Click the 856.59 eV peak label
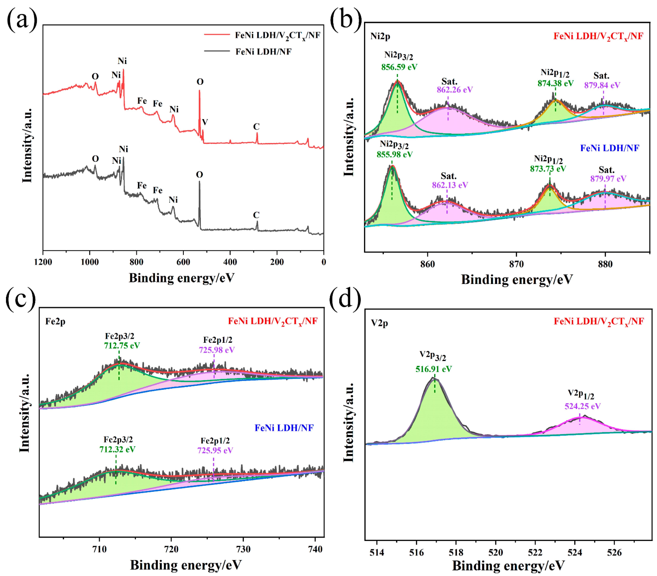tap(399, 67)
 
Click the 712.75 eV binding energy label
tap(122, 346)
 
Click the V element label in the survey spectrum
tap(205, 122)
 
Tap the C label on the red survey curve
tap(256, 127)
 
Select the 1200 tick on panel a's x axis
tap(43, 262)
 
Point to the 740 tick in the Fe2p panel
tap(315, 549)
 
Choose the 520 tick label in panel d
tap(495, 552)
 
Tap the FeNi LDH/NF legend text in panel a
tap(263, 52)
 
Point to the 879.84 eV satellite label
tap(602, 85)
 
